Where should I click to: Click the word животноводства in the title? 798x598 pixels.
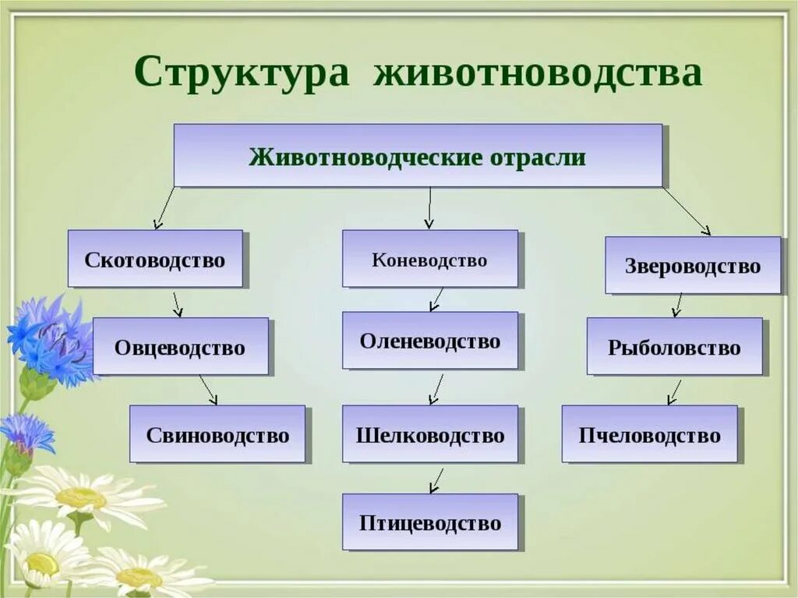tap(538, 73)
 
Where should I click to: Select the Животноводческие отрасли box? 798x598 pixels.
tap(418, 156)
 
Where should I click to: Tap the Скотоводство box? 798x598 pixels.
tap(154, 259)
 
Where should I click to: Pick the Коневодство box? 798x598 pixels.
tap(429, 259)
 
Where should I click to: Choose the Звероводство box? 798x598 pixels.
tap(693, 266)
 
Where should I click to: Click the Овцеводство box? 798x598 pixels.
tap(180, 346)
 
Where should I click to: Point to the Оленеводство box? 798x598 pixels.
tap(429, 341)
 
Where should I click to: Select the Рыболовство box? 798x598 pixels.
tap(674, 346)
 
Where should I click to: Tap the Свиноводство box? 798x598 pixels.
tap(217, 434)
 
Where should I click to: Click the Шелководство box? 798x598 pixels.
tap(429, 434)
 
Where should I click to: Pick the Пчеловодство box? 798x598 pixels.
tap(649, 434)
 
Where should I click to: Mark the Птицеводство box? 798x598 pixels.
tap(429, 522)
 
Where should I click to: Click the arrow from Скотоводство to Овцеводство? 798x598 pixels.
tap(178, 304)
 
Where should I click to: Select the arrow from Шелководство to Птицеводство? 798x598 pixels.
tap(436, 480)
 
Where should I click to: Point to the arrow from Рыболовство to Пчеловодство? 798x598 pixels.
tap(674, 391)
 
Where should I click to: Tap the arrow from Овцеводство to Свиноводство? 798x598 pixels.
tap(208, 390)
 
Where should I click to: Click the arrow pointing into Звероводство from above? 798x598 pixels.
tap(687, 211)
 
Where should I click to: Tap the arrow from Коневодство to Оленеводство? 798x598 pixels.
tap(436, 299)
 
